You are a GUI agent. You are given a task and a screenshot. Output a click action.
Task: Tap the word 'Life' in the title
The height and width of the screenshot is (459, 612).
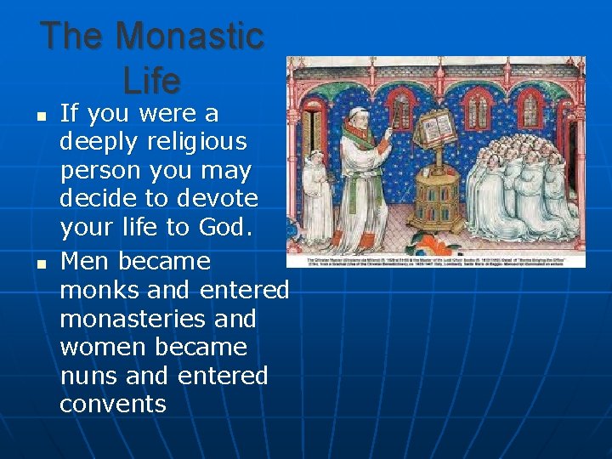(152, 81)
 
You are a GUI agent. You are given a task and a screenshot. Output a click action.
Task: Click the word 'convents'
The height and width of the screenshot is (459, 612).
(113, 405)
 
